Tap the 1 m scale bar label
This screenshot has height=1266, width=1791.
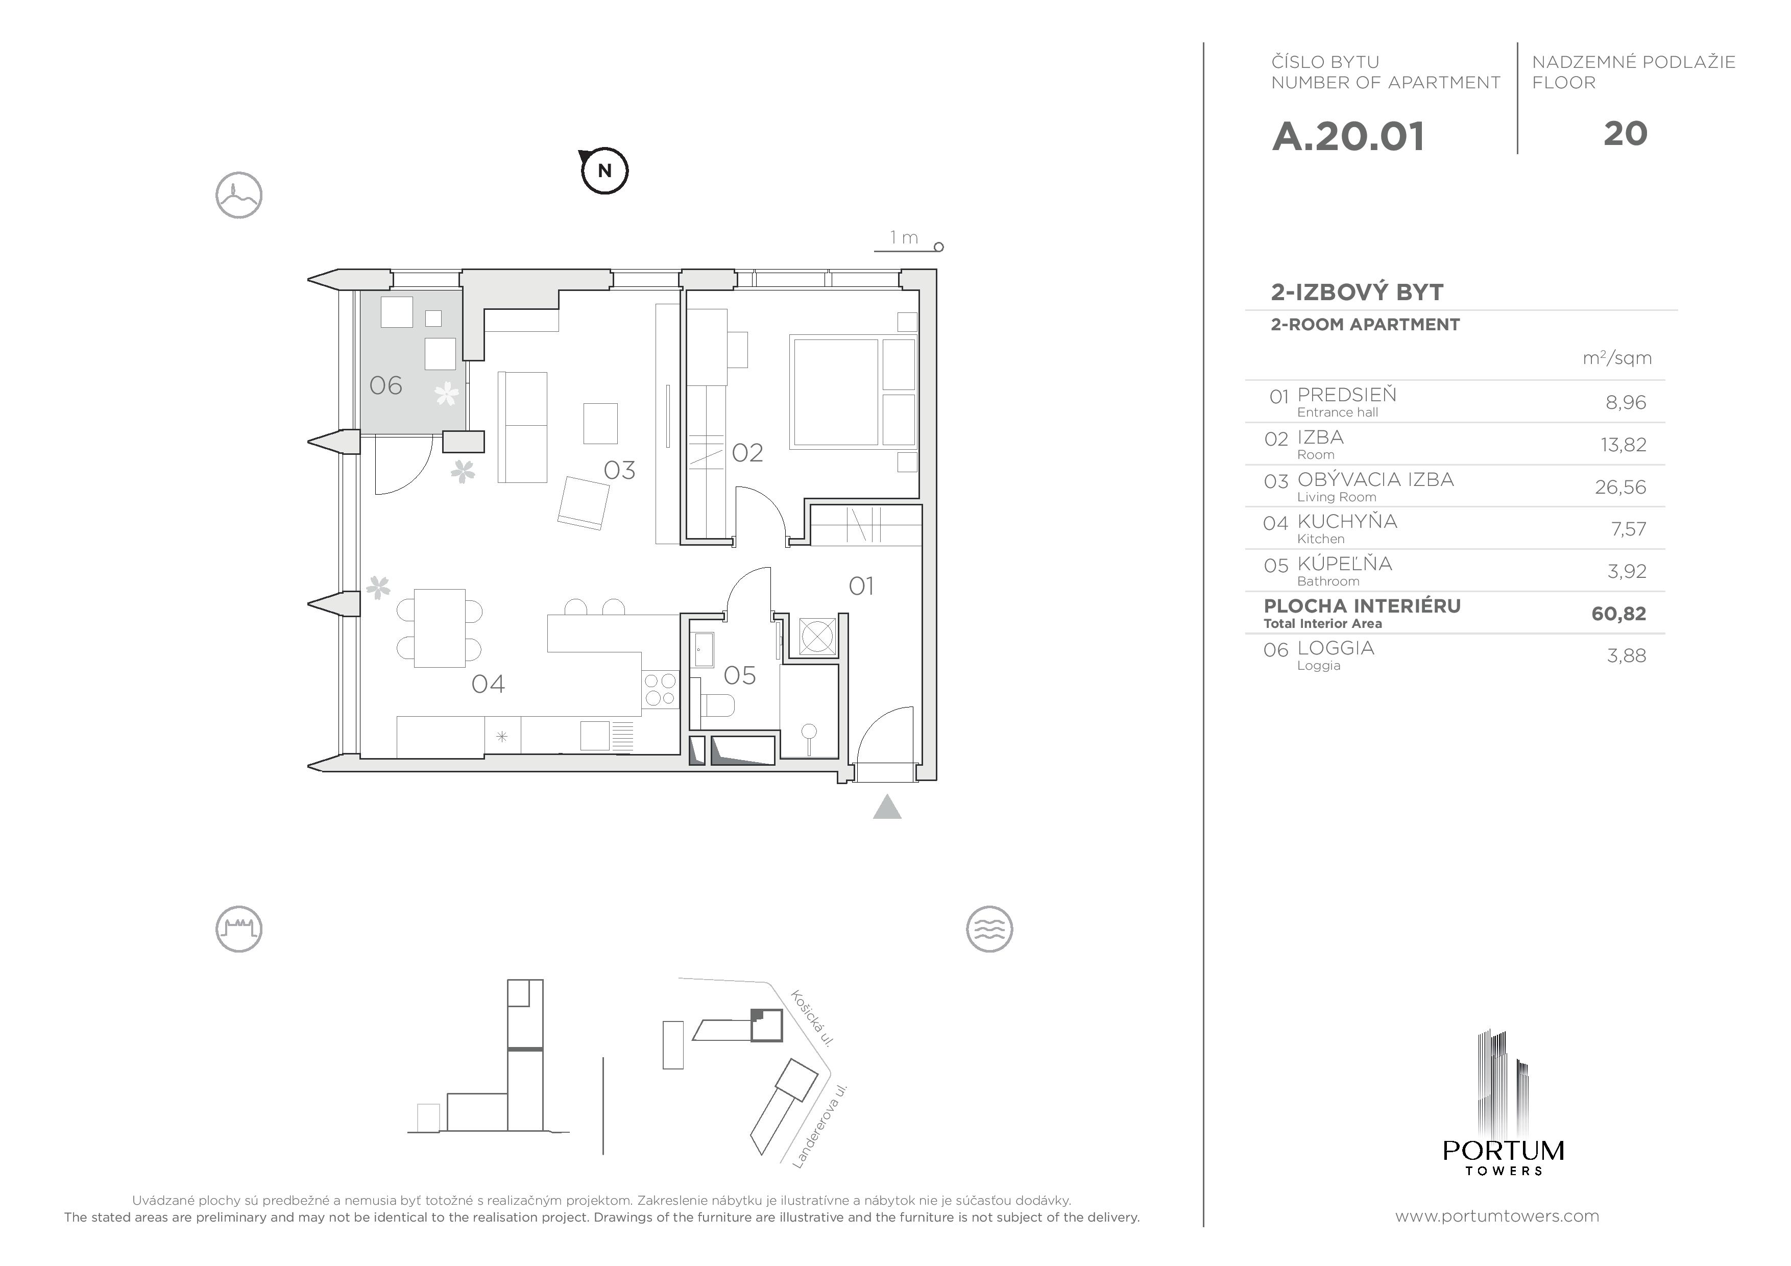904,237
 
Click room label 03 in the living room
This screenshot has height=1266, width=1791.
619,470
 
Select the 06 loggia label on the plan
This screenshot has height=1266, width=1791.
385,385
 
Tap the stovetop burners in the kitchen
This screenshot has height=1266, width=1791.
660,690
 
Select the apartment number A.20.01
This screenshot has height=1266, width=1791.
1348,136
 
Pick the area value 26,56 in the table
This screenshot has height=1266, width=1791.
1620,486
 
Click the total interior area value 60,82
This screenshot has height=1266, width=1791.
1618,614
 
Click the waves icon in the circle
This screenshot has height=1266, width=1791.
988,929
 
